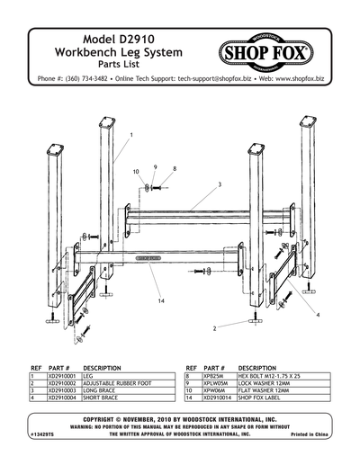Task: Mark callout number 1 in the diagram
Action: point(130,134)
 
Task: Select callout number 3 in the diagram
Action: point(219,184)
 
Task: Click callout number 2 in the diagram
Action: point(215,328)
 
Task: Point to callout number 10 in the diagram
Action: point(136,171)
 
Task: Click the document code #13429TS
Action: point(42,434)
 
